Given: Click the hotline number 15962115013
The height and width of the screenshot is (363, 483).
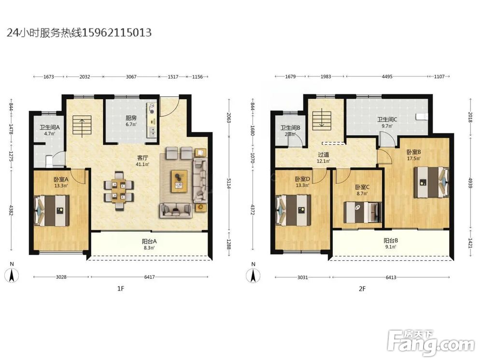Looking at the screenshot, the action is coord(117,32).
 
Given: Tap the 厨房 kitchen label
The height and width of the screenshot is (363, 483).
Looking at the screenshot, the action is coord(131,118).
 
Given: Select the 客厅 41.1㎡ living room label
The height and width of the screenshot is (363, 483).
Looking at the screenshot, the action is coord(142,161).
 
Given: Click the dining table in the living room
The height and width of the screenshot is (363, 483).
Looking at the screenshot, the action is coord(119,190).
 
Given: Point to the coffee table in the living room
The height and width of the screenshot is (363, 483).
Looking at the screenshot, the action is coord(179,181).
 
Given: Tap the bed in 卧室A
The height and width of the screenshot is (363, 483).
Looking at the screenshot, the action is coord(52,210).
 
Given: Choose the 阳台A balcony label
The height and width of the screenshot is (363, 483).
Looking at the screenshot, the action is coord(149,242).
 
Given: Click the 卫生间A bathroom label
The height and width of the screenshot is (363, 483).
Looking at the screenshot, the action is coord(49,127).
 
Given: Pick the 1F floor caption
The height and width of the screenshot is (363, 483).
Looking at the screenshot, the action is coord(120,288).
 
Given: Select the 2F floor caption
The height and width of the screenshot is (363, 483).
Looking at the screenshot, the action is coord(362,288).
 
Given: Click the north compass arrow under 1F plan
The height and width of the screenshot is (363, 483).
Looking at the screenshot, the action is coord(12,275).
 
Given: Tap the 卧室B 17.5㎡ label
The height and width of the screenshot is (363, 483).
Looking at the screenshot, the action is coord(414,155).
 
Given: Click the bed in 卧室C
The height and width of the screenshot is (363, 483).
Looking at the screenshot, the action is coord(362,212).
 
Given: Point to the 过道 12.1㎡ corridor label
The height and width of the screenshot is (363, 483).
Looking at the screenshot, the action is coord(324,158).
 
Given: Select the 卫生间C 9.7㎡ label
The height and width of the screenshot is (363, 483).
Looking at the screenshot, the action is coord(387,122).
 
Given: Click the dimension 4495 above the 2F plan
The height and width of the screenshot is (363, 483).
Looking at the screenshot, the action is coord(387,76).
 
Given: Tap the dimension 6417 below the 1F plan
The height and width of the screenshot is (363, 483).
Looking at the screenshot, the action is coord(149,277).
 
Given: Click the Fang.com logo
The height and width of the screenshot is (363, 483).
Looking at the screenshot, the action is coord(431,343).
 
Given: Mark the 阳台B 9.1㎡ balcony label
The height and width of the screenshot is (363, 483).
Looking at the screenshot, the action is coord(391,243).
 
